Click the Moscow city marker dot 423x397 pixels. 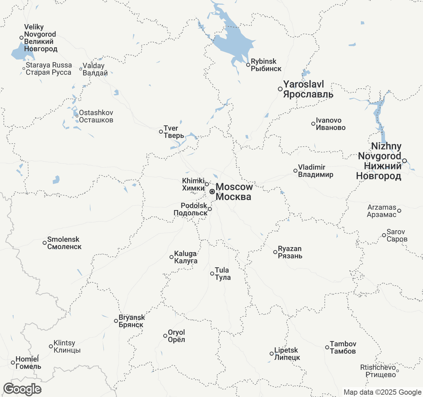coord(212,192)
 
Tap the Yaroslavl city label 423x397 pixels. coord(308,89)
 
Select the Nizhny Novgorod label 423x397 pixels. coord(379,161)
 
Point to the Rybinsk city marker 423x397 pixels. coord(248,65)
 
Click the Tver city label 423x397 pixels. coord(174,132)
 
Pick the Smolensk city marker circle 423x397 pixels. coord(45,243)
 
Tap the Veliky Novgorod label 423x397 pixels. coord(40,38)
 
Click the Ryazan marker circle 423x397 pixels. coord(275,252)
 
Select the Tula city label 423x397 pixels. coord(222,274)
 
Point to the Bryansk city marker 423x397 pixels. coord(116,321)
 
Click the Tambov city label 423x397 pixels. coord(343,347)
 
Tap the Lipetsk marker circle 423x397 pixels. coord(272,354)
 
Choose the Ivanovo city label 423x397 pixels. coord(330,124)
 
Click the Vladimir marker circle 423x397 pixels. coord(295,171)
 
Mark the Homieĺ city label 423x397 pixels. coord(28,363)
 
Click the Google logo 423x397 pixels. coord(22,389)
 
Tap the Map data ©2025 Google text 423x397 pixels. coord(382,392)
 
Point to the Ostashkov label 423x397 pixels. coord(96,116)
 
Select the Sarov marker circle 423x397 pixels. coord(384,235)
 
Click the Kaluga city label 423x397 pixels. coord(185,257)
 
